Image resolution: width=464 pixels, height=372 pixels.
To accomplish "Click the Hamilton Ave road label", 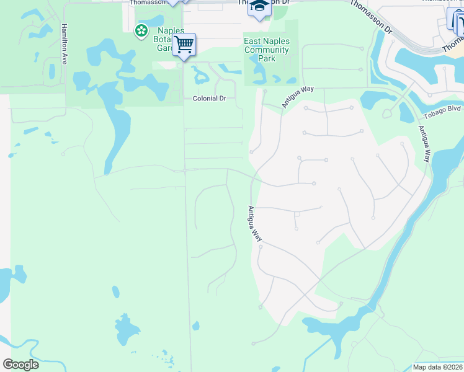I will pos(63,44).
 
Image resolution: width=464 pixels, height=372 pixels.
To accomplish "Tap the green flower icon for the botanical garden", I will pos(141,29).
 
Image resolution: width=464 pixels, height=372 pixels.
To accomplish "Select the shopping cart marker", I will pos(184,45).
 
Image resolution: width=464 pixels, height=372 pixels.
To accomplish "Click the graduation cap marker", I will pos(259,7).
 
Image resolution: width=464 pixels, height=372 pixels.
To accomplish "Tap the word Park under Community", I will pos(267,59).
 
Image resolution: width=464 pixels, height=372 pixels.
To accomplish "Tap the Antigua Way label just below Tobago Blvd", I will pos(424,144).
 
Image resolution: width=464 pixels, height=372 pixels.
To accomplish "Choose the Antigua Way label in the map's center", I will pos(255,224).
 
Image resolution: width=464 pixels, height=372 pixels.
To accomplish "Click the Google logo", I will pos(20,365).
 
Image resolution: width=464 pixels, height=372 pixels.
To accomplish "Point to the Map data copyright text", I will pos(438,367).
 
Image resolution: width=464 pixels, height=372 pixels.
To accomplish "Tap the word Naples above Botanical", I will pos(171,30).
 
